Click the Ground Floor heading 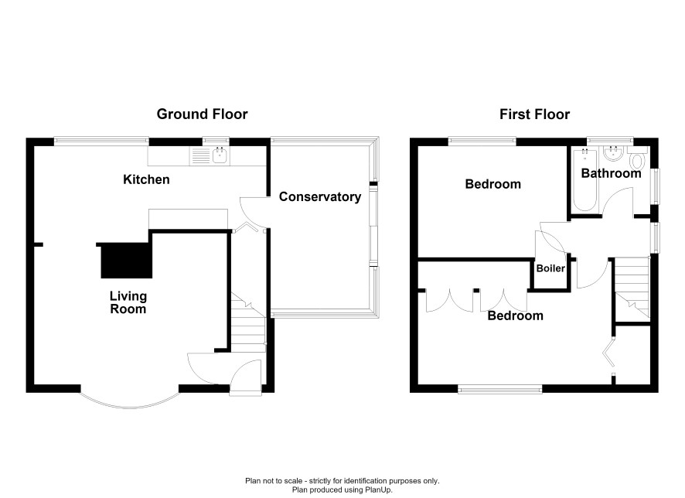tap(202, 114)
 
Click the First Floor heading tap(535, 114)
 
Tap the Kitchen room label tap(146, 179)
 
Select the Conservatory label tap(320, 197)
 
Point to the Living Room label tap(128, 302)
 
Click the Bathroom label tap(612, 173)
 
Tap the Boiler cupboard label tap(550, 268)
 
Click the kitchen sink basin tap(220, 156)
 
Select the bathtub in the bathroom tap(584, 179)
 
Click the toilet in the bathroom tap(638, 159)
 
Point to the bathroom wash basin tap(613, 153)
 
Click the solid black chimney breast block tap(126, 261)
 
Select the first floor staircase tap(632, 287)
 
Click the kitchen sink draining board tap(201, 156)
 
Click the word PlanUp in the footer tap(380, 490)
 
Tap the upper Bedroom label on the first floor tap(492, 184)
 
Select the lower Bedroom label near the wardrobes tap(516, 316)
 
